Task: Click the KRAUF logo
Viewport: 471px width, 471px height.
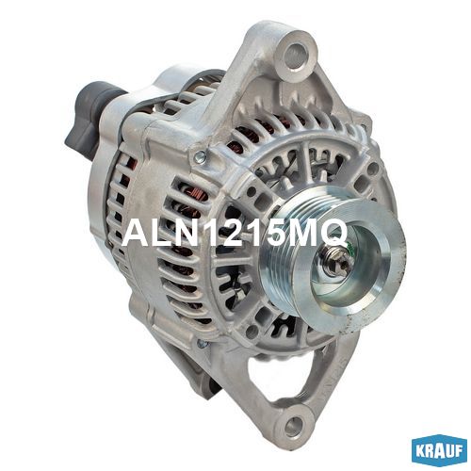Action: [x=439, y=451]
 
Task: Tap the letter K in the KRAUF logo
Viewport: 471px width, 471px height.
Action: [x=421, y=451]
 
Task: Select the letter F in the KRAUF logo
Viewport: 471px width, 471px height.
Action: [x=457, y=451]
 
